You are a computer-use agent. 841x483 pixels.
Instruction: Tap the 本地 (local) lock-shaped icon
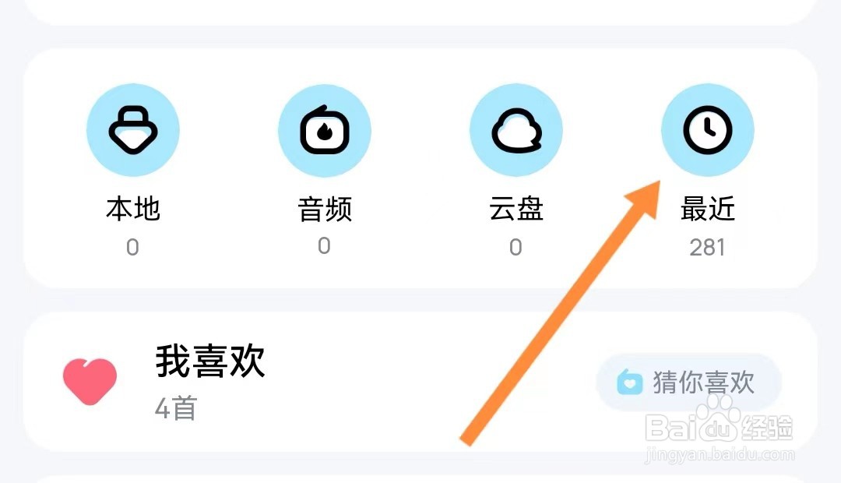[132, 130]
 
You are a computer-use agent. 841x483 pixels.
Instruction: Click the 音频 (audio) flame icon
[324, 130]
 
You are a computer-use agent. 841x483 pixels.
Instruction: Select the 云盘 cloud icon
[516, 130]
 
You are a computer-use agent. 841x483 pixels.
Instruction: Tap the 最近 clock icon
[707, 130]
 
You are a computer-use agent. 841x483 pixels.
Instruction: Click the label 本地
[132, 209]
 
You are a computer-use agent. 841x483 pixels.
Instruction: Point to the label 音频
[324, 209]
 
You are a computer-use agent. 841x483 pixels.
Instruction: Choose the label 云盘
[516, 209]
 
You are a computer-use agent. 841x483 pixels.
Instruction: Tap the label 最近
[707, 209]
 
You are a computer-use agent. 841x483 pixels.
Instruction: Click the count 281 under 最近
[707, 248]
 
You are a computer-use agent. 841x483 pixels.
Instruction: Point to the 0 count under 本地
[132, 248]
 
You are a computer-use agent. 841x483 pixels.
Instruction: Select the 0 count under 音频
[324, 246]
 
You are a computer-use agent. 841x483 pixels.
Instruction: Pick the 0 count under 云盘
[516, 248]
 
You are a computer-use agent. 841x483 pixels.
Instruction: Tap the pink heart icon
[90, 381]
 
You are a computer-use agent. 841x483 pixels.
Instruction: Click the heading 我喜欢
[210, 361]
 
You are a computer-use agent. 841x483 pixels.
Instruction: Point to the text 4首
[176, 408]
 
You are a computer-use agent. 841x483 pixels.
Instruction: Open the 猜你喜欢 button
[688, 383]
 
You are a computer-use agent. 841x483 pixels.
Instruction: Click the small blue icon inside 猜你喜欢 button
[629, 383]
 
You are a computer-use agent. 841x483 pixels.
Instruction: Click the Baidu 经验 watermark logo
[720, 425]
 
